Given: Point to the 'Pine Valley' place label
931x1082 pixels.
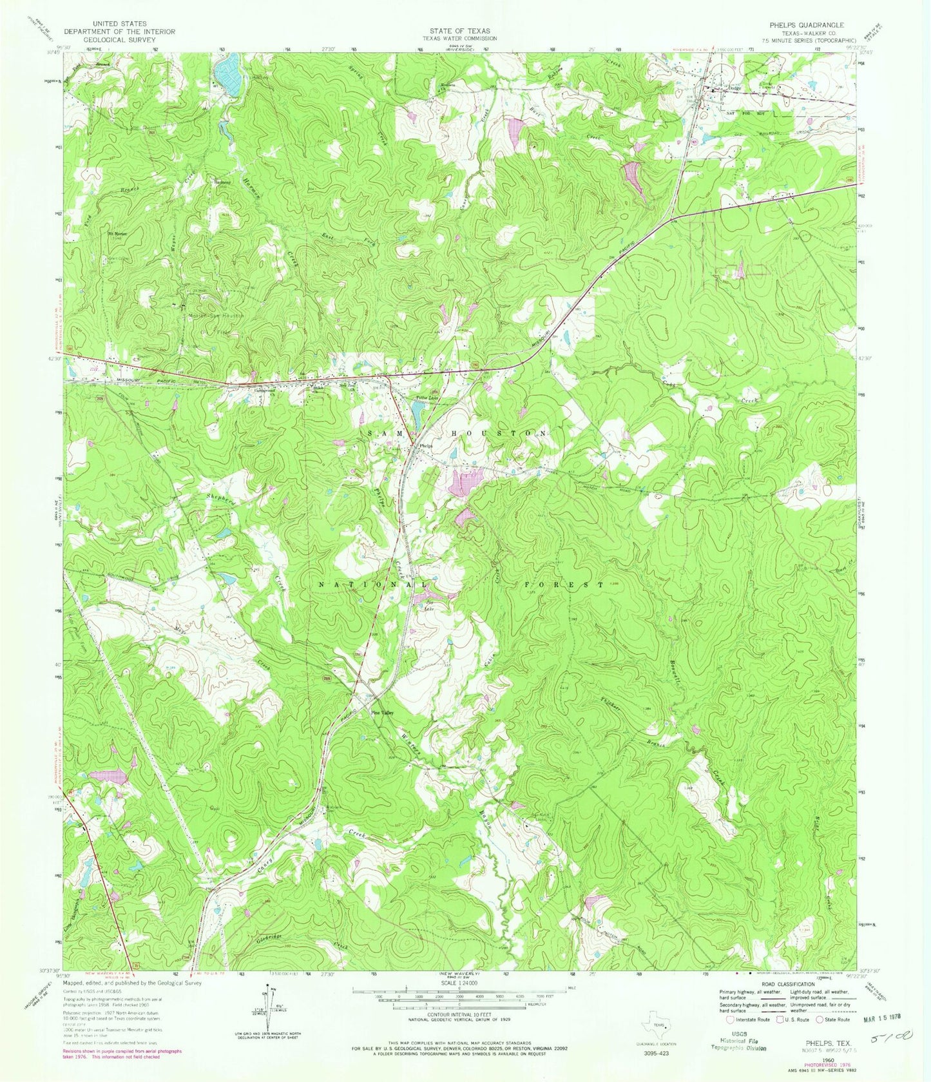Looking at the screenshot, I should (x=381, y=713).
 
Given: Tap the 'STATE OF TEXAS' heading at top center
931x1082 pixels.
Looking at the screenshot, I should (x=461, y=31).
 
